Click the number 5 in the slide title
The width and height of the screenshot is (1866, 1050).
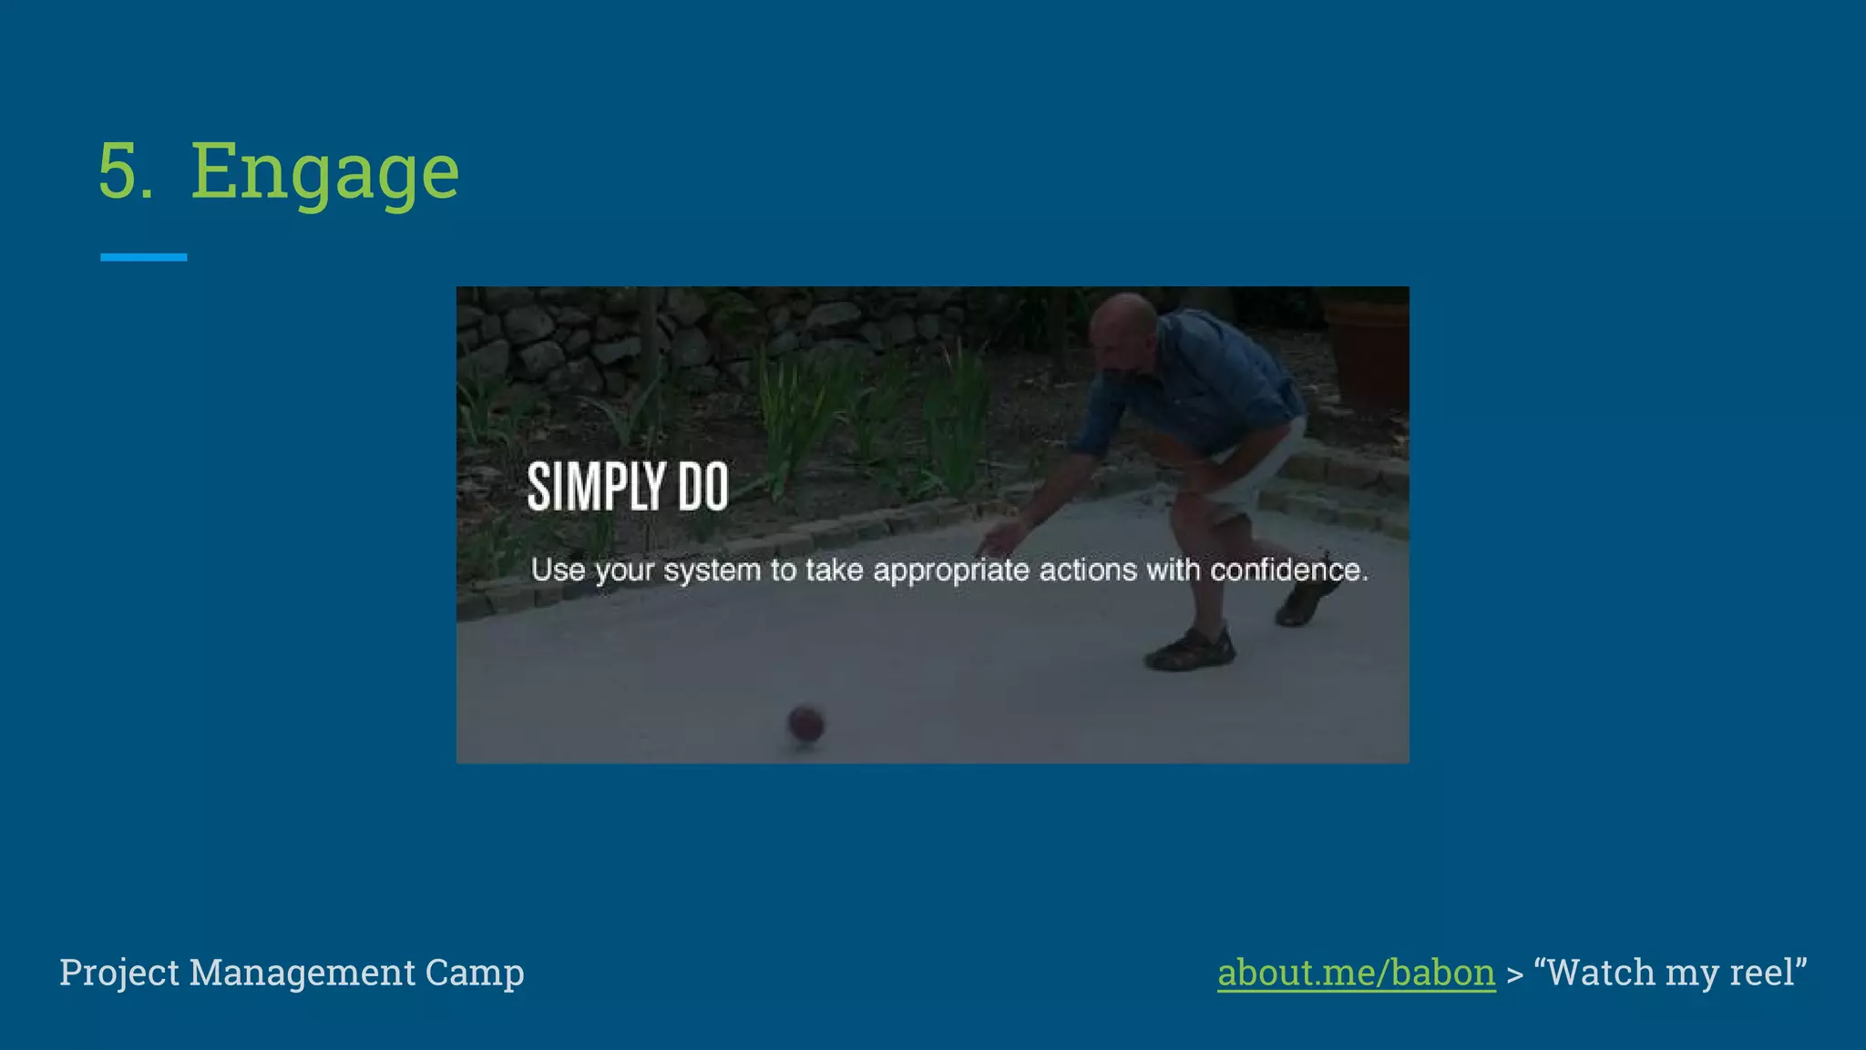point(124,170)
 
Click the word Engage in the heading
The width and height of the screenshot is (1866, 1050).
point(324,172)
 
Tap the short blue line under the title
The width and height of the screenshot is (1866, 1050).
point(143,258)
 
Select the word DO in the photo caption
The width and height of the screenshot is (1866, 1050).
point(702,487)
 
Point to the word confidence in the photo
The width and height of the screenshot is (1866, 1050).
point(1288,571)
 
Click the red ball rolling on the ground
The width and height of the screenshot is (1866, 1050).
point(805,725)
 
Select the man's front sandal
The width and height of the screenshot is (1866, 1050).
point(1190,649)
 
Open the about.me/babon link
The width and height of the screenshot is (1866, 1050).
point(1356,973)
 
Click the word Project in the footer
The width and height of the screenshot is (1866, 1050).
point(119,973)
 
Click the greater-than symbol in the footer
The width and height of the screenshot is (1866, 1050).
point(1514,974)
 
